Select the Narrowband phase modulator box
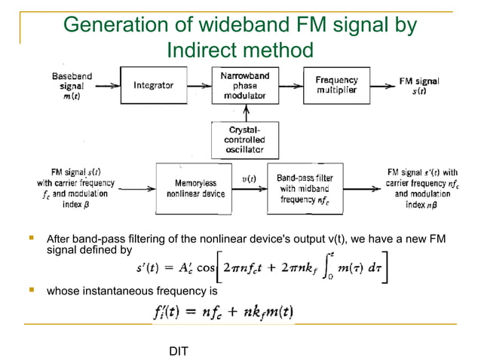(x=240, y=87)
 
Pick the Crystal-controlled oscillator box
(x=240, y=140)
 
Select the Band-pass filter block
(x=299, y=188)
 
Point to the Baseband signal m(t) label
(x=72, y=87)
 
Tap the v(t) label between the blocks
(x=248, y=178)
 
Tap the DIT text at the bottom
(x=177, y=351)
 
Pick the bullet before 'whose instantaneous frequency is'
(x=31, y=289)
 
